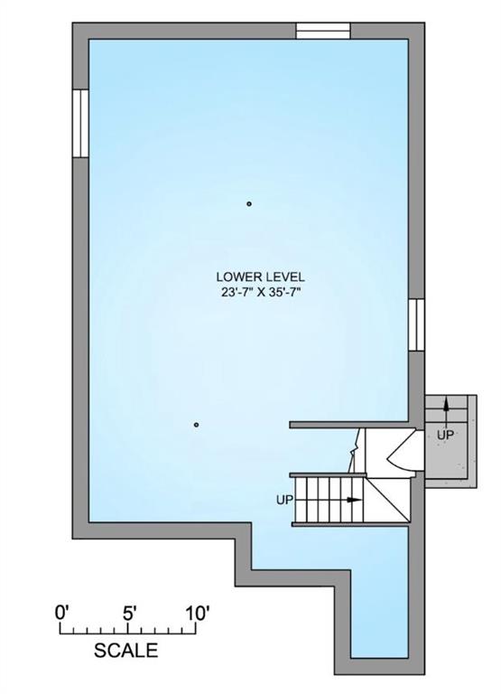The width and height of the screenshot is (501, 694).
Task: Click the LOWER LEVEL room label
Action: [x=260, y=277]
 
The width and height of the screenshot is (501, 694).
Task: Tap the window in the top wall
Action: [x=323, y=31]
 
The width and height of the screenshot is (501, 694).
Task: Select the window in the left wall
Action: [x=80, y=124]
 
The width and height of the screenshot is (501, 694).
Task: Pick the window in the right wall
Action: [x=416, y=325]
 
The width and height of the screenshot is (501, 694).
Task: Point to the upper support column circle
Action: [x=249, y=204]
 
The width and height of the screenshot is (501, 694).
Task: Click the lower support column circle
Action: [x=196, y=425]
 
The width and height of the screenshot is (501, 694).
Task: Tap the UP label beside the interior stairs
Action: [x=284, y=500]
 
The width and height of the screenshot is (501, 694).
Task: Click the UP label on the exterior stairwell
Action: [x=445, y=435]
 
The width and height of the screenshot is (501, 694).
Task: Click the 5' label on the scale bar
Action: [x=129, y=614]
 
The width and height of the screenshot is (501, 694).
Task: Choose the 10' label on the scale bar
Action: [x=196, y=614]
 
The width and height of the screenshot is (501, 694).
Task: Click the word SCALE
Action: [x=126, y=651]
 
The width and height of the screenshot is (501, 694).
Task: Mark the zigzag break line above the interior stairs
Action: [x=355, y=451]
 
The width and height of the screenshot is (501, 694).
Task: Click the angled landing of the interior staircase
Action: [x=388, y=499]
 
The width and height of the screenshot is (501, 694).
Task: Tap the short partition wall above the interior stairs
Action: [x=349, y=425]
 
